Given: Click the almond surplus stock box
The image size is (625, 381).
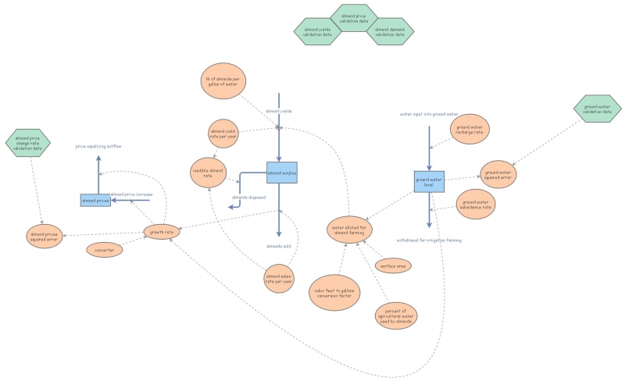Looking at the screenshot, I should (x=281, y=173).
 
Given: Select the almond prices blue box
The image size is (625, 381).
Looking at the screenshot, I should (x=95, y=201).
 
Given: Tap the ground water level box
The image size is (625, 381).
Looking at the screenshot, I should (x=429, y=182).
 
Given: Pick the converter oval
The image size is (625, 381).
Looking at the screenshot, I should (x=105, y=251).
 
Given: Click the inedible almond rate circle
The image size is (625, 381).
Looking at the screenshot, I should (x=208, y=172).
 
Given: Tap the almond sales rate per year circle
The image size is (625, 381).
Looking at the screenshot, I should (x=279, y=278).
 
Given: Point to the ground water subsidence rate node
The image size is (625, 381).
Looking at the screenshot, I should (x=476, y=205).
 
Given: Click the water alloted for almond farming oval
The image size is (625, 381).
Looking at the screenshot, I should (x=350, y=230).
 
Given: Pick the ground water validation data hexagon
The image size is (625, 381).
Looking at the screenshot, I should (x=597, y=110).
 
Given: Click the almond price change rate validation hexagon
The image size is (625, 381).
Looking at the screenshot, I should (x=27, y=144).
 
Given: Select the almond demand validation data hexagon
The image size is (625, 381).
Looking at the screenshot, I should (x=390, y=32).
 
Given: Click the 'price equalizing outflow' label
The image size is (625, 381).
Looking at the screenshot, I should (x=98, y=146).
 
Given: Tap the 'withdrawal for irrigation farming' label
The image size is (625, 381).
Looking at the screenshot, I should (x=429, y=240).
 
